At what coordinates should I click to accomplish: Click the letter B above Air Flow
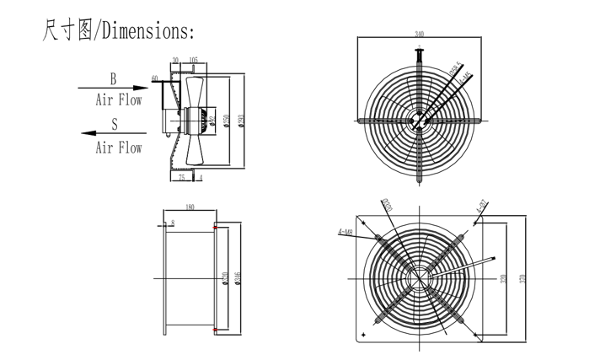pos(114,78)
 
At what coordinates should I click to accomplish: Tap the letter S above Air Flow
pos(114,123)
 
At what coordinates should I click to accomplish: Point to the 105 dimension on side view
pos(194,61)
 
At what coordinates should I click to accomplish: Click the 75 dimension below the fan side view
pos(181,177)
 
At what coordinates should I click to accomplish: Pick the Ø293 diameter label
pos(242,123)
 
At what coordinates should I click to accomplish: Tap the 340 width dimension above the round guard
pos(420,35)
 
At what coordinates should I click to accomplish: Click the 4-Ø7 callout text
pos(481,205)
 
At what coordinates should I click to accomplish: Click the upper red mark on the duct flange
pos(216,227)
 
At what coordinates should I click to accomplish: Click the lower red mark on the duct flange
pos(216,330)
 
